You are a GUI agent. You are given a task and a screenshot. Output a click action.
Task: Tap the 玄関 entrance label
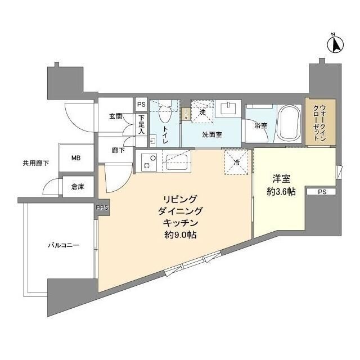click(x=115, y=116)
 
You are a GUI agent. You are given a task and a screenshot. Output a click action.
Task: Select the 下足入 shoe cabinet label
click(x=141, y=124)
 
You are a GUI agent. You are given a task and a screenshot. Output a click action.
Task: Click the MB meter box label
click(x=75, y=158)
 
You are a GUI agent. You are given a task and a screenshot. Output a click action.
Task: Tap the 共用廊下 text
click(x=35, y=163)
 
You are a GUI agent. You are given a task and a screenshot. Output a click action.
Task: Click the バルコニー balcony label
click(x=62, y=246)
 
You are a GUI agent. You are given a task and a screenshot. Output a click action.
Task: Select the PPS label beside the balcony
click(x=102, y=208)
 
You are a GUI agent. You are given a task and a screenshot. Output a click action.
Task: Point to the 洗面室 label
click(x=213, y=135)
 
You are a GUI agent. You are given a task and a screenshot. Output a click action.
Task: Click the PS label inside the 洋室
click(x=321, y=192)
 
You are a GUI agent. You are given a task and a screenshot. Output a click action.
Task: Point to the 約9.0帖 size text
click(x=180, y=235)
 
